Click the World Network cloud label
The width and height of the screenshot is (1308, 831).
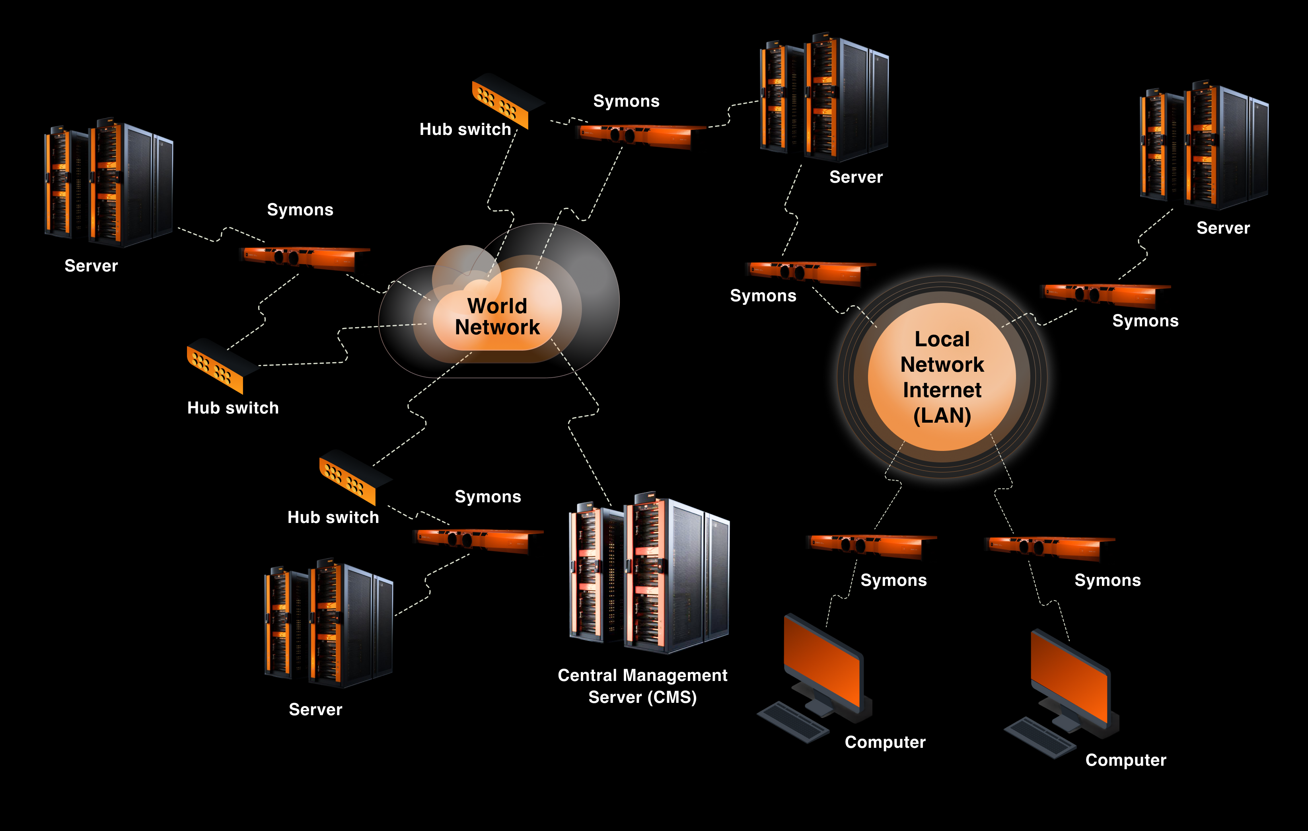coord(497,316)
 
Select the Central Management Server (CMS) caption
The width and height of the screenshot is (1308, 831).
coord(642,686)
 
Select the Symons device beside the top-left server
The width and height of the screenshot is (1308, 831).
coord(304,257)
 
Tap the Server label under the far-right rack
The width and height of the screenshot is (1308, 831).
coord(1223,228)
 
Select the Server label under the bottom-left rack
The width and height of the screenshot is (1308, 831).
coord(315,709)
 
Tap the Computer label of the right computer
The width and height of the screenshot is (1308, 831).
coord(1125,760)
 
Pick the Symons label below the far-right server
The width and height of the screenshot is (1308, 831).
coord(1145,321)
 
